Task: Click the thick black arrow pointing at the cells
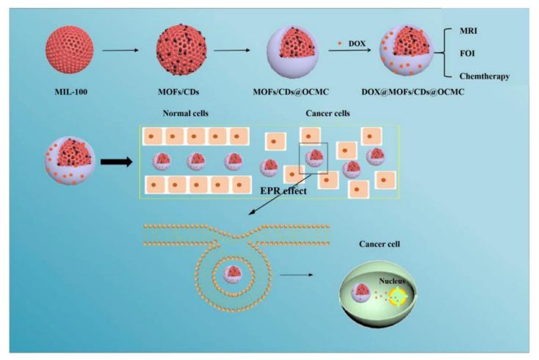click(110, 160)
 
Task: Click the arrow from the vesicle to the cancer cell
click(294, 278)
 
